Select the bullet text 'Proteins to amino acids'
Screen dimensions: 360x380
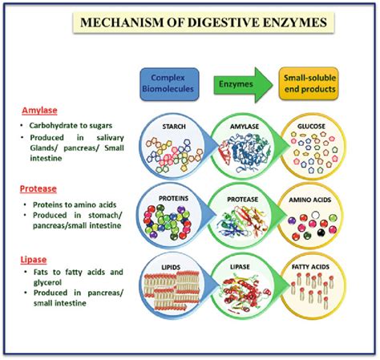[71, 204]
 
